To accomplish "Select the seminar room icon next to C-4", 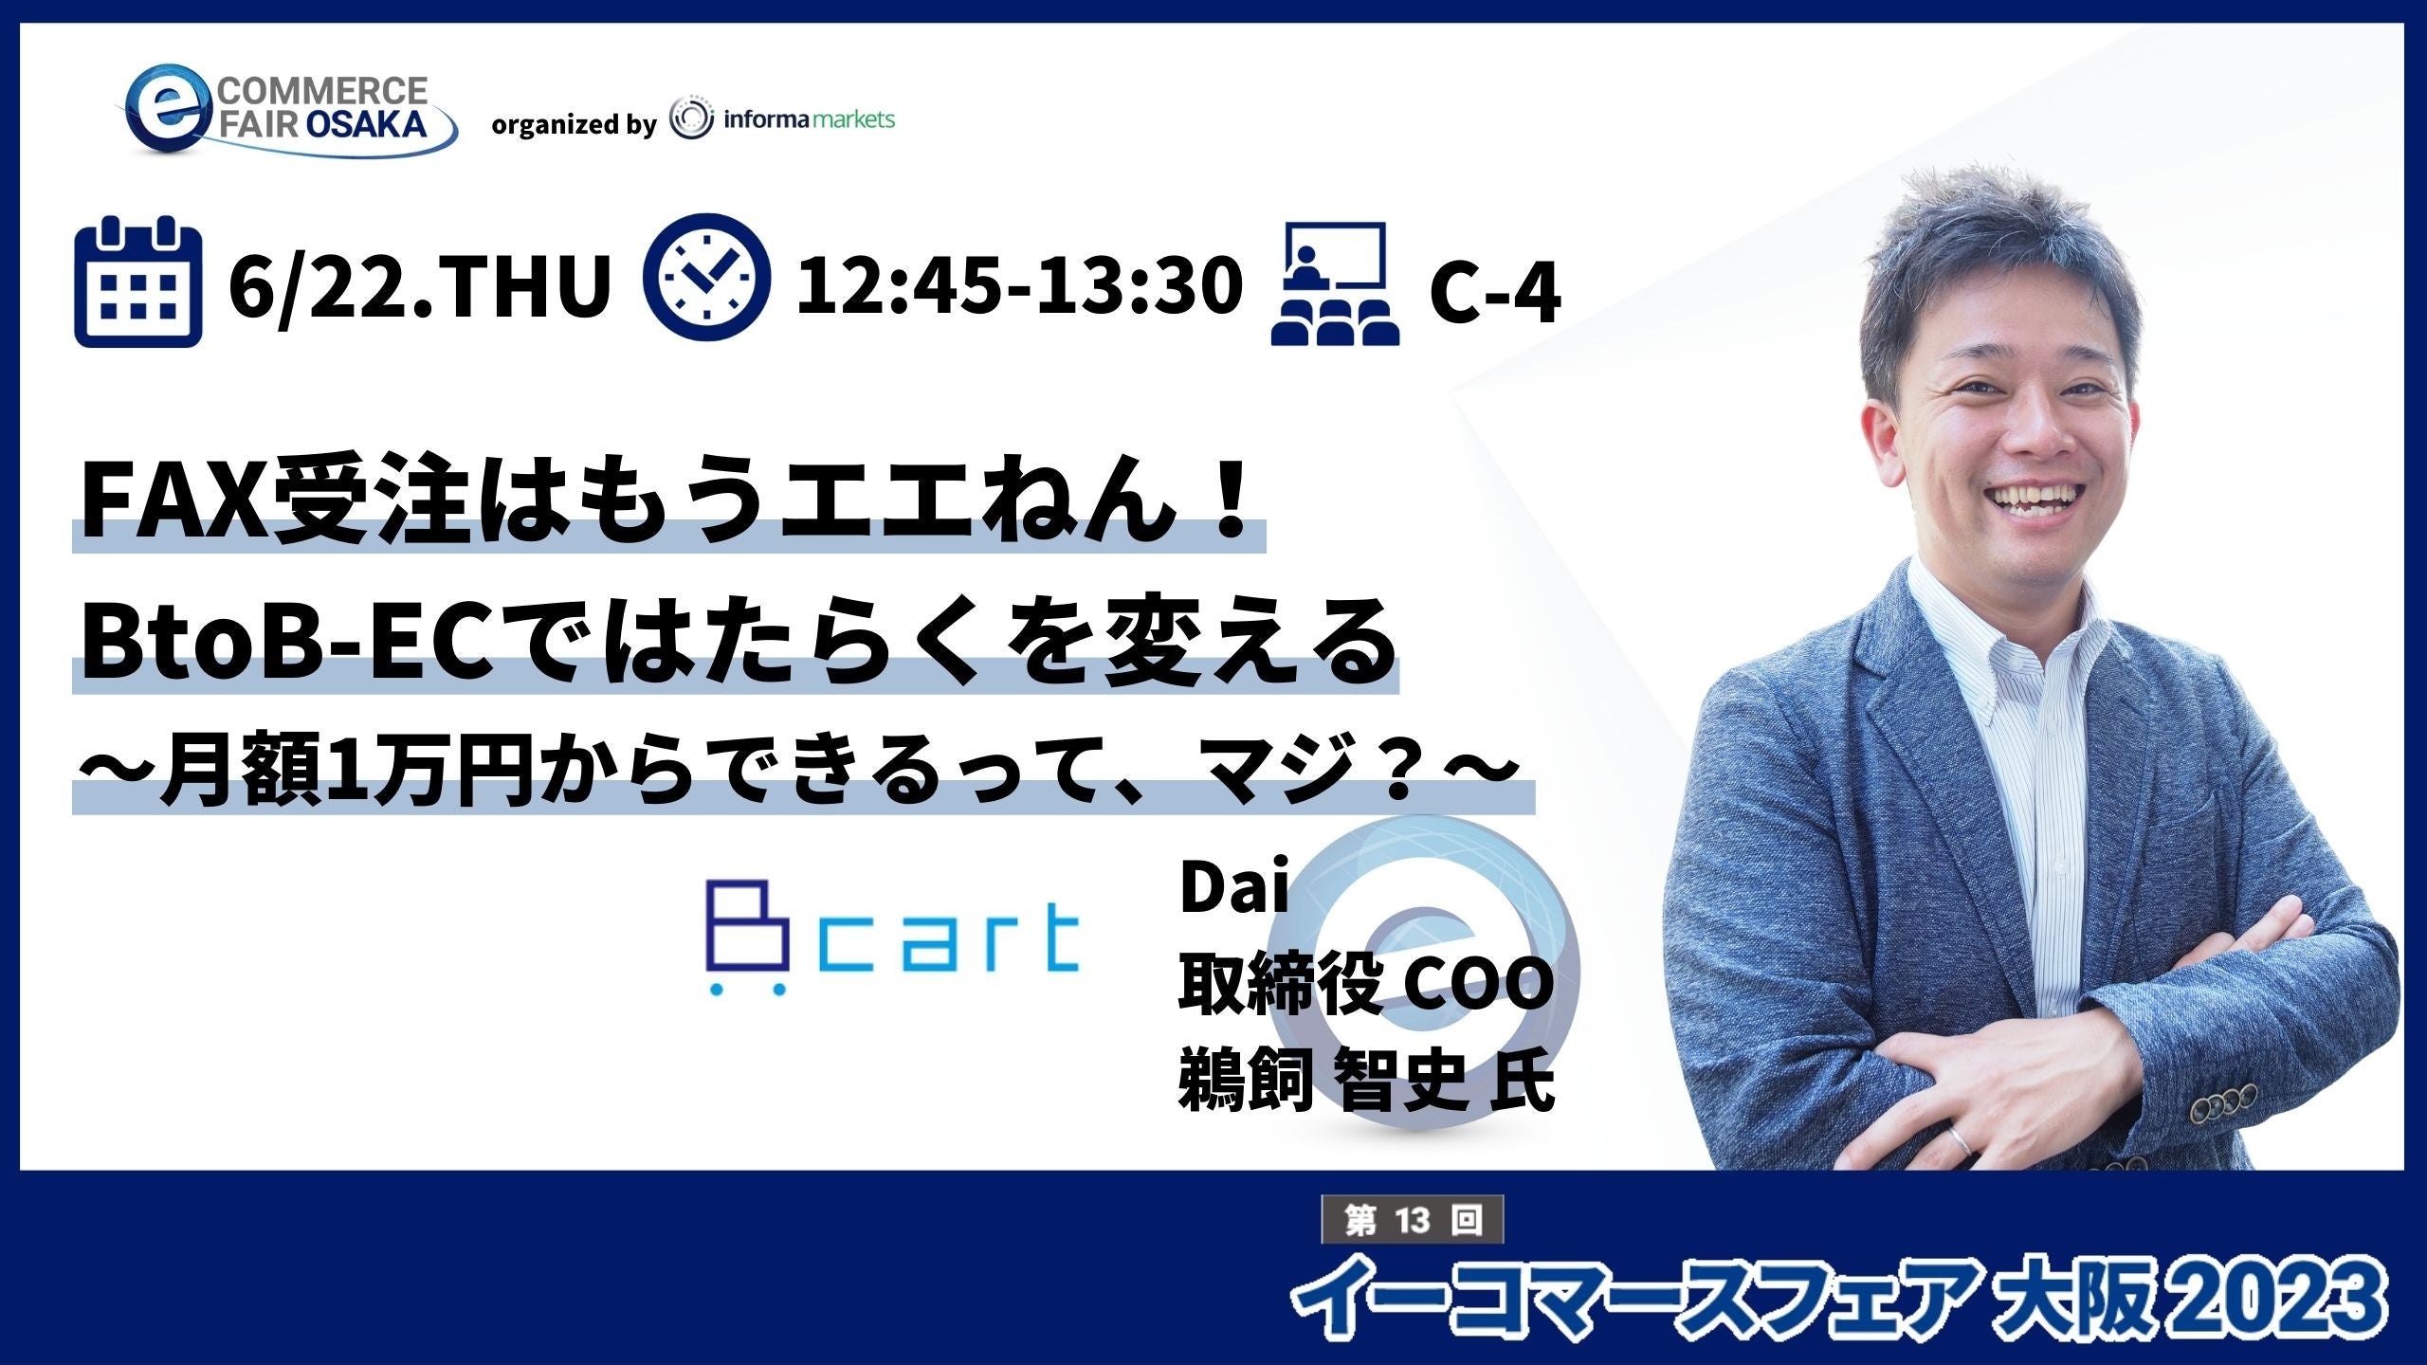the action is (x=1335, y=283).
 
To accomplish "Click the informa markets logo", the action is (x=782, y=121).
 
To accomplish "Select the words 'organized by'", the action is (x=574, y=125).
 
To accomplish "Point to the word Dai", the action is (x=1233, y=891).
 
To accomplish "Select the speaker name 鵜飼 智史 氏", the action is (x=1366, y=1083).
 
